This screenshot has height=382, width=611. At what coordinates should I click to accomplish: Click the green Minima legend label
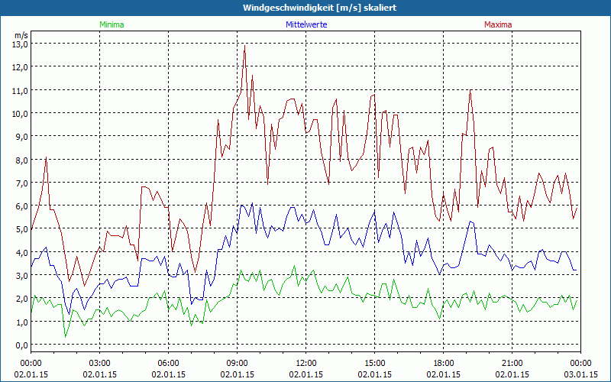pos(112,24)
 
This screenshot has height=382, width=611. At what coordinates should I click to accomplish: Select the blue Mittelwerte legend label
pos(305,24)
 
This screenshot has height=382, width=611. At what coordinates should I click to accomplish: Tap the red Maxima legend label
pos(498,24)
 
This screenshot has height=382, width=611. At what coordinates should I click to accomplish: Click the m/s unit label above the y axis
pos(21,34)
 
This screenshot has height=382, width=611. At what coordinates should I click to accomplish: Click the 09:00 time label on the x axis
pos(237,363)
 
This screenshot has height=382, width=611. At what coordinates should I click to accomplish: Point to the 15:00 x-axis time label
pos(374,363)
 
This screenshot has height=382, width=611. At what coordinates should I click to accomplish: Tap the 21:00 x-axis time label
pos(512,363)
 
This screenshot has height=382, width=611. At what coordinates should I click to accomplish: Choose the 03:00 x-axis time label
pos(99,363)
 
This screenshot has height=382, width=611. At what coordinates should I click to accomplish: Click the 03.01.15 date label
pos(580,374)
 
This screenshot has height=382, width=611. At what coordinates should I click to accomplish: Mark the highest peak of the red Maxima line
pos(244,45)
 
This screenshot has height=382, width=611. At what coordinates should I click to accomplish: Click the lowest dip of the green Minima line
pos(65,336)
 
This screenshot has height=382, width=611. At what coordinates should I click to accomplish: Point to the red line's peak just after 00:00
pos(47,157)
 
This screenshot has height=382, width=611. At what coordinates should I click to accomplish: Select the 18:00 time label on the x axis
pos(443,363)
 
